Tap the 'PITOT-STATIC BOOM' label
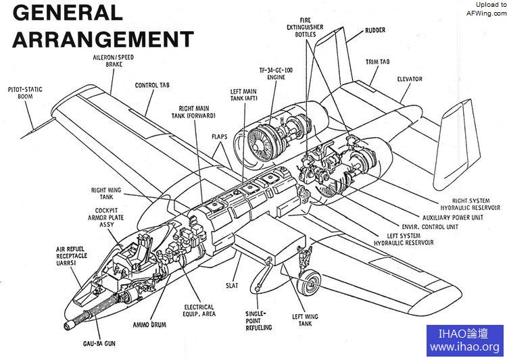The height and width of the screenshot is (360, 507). tap(28, 92)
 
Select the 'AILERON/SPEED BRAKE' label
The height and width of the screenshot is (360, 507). tap(113, 61)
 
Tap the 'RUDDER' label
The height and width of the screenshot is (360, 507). tap(375, 31)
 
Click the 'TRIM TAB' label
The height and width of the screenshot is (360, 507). tap(378, 61)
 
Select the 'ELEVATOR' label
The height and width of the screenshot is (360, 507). tap(410, 79)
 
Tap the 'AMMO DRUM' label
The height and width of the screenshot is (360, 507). tap(149, 324)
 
